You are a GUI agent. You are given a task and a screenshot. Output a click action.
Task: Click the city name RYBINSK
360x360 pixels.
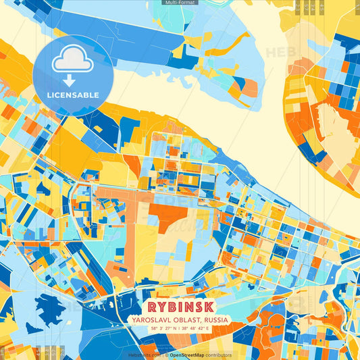point(179,307)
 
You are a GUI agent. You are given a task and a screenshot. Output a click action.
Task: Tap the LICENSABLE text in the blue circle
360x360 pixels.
point(73,94)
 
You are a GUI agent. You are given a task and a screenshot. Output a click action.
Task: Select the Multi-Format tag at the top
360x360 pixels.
point(180,3)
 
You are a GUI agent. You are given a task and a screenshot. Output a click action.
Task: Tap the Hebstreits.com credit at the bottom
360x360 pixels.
point(143,355)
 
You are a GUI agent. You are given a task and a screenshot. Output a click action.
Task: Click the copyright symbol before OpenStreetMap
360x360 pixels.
point(166,355)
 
